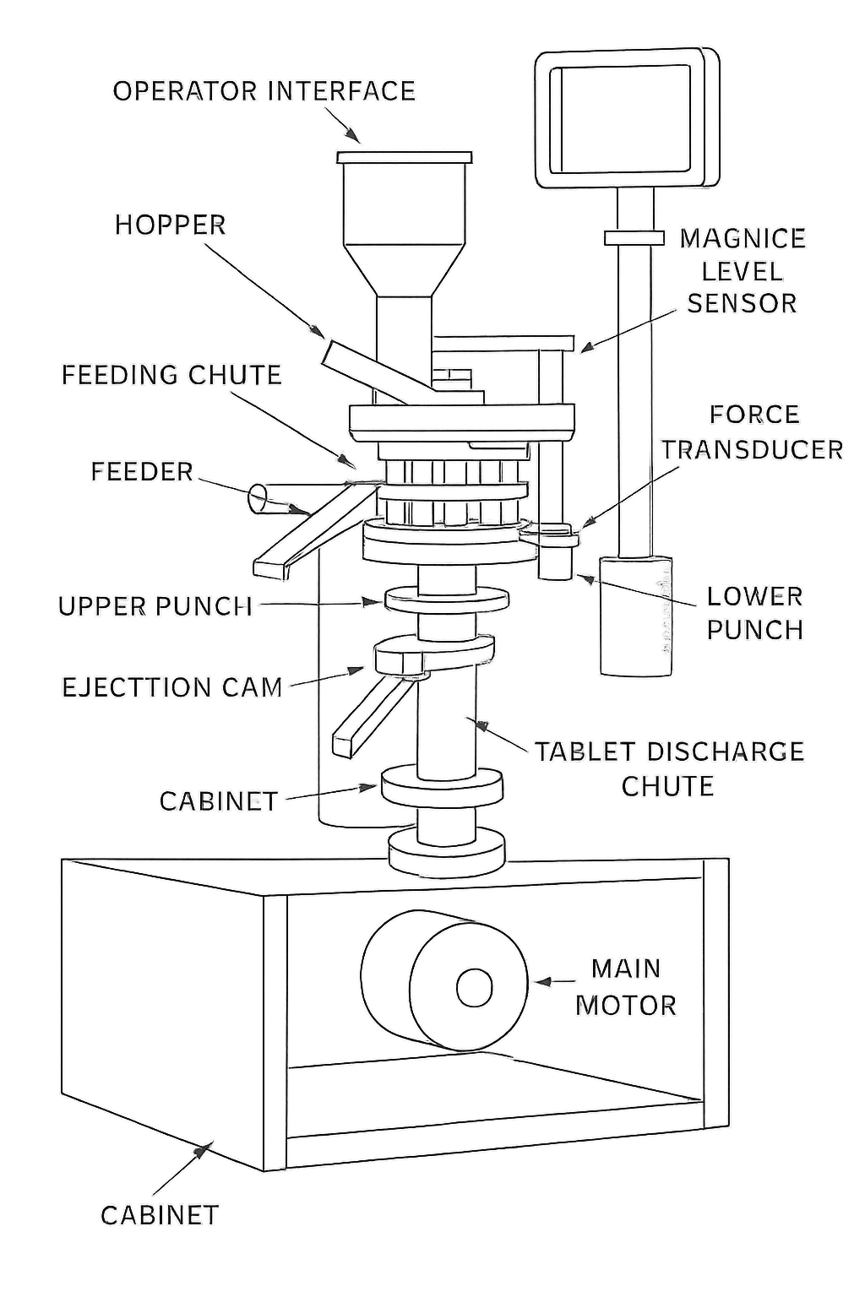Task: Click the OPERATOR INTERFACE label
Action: pos(264,90)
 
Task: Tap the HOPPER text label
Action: pos(171,225)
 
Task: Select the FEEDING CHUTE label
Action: pos(171,374)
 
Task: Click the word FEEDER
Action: pos(142,471)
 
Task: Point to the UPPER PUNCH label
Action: pos(155,605)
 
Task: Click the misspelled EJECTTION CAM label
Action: pos(172,686)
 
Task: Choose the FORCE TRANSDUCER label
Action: pos(753,431)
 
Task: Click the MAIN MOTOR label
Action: pos(626,986)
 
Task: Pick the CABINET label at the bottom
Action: pos(160,1214)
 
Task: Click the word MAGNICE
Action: pos(743,238)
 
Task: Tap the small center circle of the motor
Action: pos(474,987)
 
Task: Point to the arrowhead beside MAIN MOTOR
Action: pos(541,982)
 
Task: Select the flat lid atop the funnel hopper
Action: pos(404,157)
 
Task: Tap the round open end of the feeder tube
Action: pos(258,498)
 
